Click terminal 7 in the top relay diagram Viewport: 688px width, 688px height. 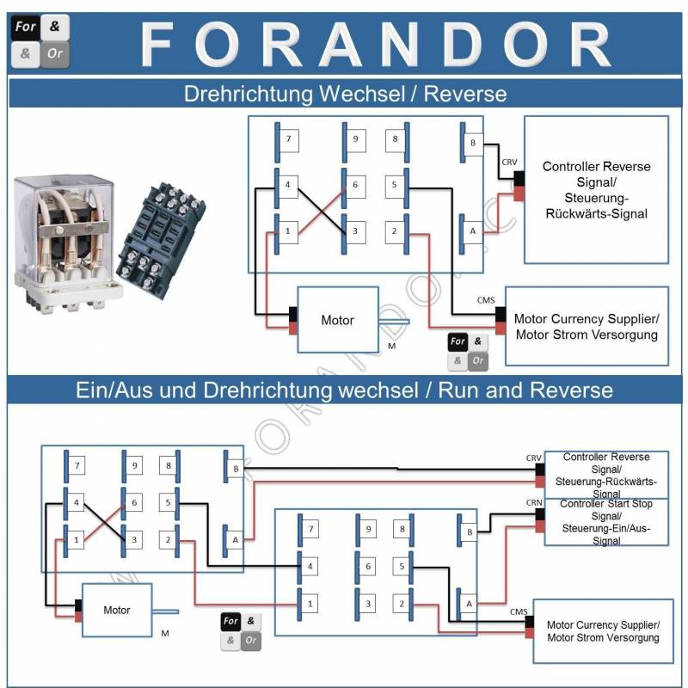(x=289, y=139)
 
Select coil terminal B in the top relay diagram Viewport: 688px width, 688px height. (x=473, y=143)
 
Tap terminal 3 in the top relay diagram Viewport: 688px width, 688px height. (x=355, y=231)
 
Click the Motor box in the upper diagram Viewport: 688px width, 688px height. (x=338, y=320)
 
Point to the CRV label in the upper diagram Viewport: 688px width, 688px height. (x=509, y=163)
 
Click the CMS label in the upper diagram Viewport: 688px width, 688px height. (x=486, y=300)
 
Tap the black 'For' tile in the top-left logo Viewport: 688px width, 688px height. (x=25, y=28)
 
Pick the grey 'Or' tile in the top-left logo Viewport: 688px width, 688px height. (x=55, y=54)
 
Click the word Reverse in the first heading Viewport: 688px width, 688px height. (x=465, y=94)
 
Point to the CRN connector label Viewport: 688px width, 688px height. (x=534, y=503)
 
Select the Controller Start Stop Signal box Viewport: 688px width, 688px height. (x=606, y=522)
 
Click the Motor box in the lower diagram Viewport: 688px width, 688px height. (x=117, y=610)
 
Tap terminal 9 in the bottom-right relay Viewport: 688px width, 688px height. (x=369, y=529)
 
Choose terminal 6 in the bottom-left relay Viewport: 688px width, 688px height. (x=134, y=503)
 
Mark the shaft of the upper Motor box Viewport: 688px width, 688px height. (x=394, y=322)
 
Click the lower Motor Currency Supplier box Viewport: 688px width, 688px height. (x=604, y=631)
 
